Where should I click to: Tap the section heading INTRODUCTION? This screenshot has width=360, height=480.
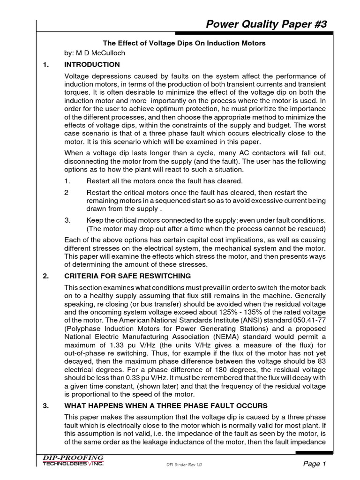[92, 65]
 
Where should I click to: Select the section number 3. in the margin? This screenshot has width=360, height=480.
[46, 405]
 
